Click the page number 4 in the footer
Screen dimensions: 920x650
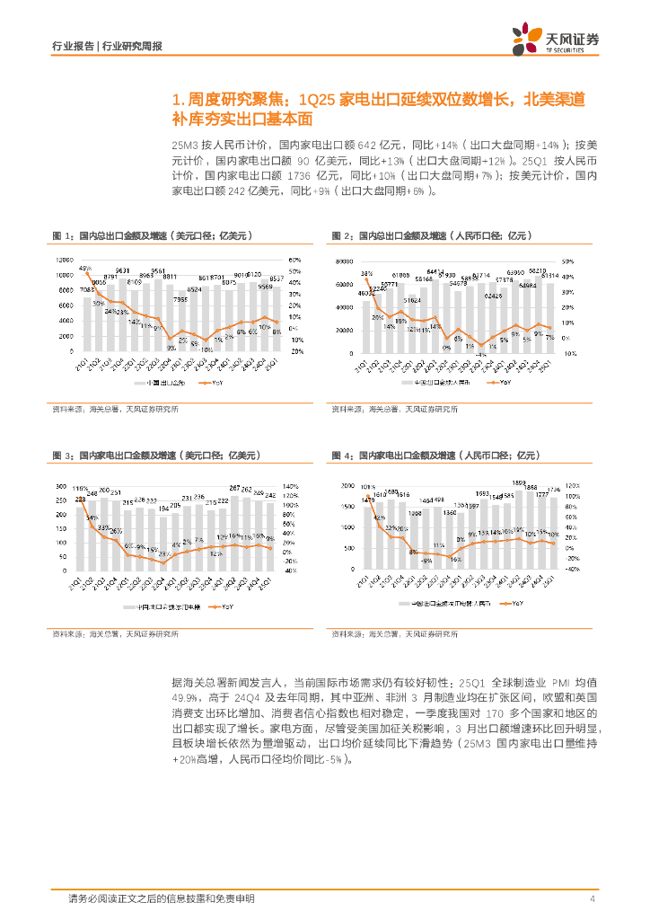[x=593, y=898]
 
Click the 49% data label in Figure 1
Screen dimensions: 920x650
[x=85, y=268]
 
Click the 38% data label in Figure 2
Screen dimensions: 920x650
[x=367, y=273]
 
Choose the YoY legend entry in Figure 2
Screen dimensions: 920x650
[x=499, y=383]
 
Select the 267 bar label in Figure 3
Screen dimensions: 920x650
[x=234, y=488]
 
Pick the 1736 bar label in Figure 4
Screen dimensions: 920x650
[x=553, y=490]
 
